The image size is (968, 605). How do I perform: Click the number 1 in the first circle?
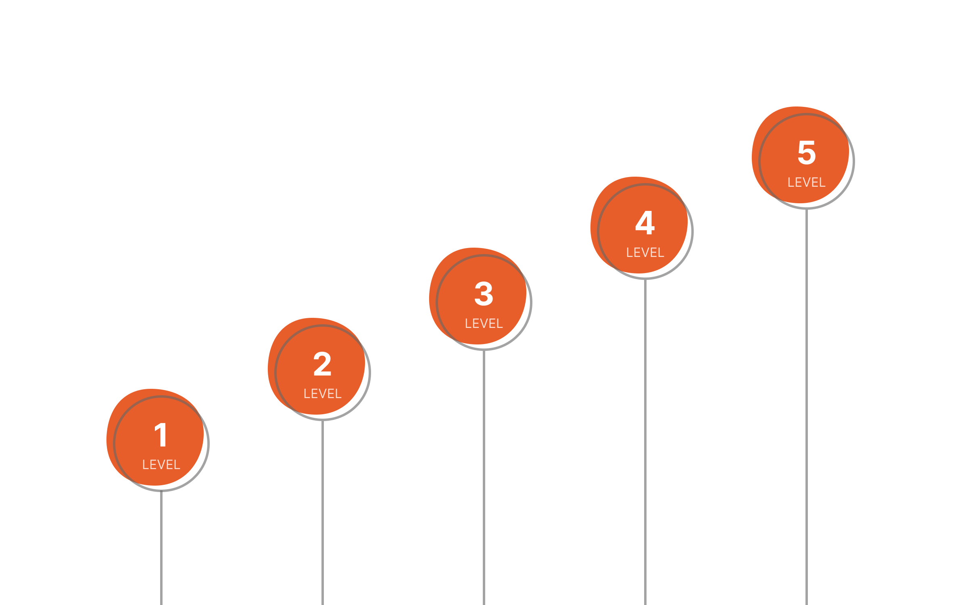click(161, 435)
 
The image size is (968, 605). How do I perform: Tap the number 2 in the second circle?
click(322, 364)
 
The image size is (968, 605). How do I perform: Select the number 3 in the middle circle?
click(484, 294)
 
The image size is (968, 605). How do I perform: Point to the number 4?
click(645, 223)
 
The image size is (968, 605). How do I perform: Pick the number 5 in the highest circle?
click(807, 152)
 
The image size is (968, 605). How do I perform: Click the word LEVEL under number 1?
click(161, 465)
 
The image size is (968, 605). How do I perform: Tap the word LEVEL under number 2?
click(322, 394)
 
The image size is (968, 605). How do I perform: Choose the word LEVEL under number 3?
click(484, 323)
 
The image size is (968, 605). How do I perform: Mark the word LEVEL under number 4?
click(645, 252)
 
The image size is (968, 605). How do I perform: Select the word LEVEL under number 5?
click(807, 182)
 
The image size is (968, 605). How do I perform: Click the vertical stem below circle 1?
click(161, 549)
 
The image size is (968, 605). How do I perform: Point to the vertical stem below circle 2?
click(323, 512)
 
